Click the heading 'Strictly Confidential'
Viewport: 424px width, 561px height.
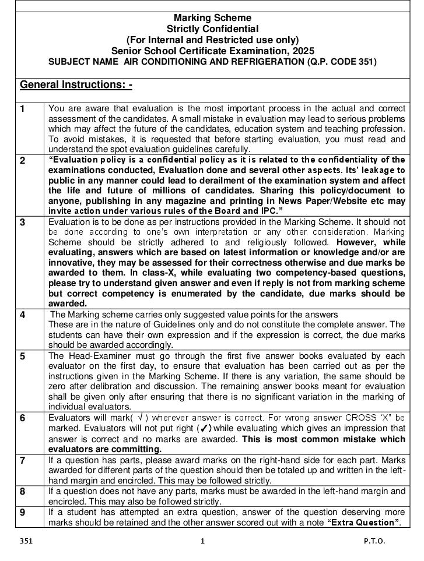click(x=212, y=29)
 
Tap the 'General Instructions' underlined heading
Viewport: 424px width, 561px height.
click(x=76, y=85)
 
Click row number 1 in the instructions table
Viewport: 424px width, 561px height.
click(x=23, y=108)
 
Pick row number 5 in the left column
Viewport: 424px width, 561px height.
click(x=23, y=356)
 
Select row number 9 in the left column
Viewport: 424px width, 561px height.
click(x=23, y=512)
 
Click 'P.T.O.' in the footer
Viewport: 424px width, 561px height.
click(x=374, y=541)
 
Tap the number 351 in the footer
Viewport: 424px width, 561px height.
click(x=26, y=541)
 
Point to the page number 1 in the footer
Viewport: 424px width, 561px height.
click(x=202, y=541)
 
